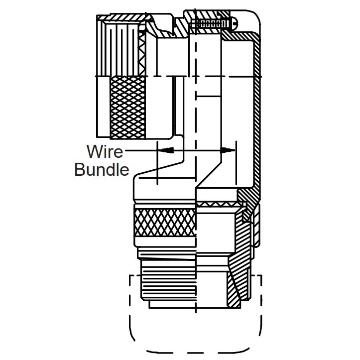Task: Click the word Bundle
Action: pos(102,169)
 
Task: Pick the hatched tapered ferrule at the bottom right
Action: pos(234,289)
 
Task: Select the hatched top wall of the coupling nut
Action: pos(124,18)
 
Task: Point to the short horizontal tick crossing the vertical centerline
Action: pos(208,95)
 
